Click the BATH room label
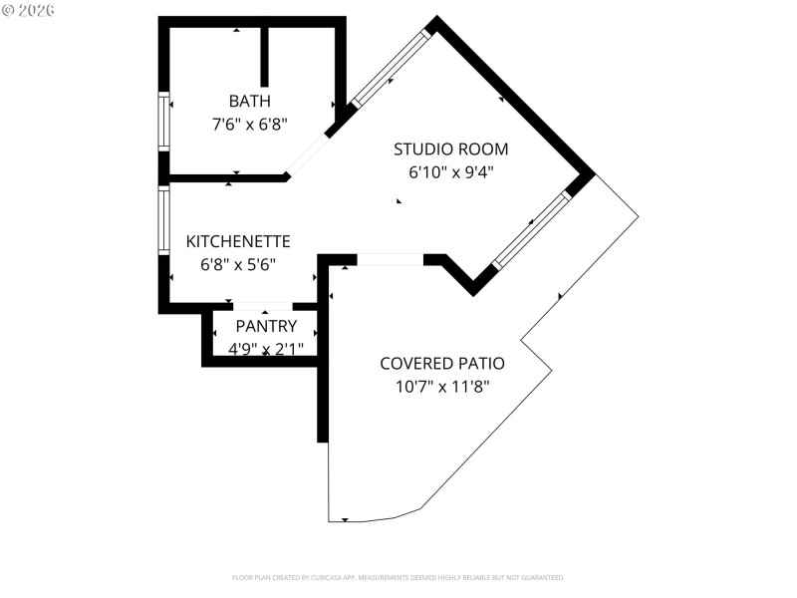(x=249, y=101)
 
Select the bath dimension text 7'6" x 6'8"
(x=249, y=125)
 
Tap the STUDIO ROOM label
(x=450, y=149)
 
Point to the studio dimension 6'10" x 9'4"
(x=450, y=172)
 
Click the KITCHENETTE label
(x=238, y=241)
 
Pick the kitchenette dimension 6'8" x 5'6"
(x=238, y=264)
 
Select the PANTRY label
(x=266, y=326)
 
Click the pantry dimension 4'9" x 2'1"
(x=266, y=349)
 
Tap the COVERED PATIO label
(x=441, y=363)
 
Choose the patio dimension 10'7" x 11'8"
(x=441, y=386)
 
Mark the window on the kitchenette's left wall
(x=164, y=220)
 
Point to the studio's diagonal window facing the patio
(x=532, y=229)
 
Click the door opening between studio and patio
(x=390, y=260)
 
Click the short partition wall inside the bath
(x=264, y=57)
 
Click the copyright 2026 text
(x=29, y=9)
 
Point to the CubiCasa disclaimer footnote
(x=398, y=577)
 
